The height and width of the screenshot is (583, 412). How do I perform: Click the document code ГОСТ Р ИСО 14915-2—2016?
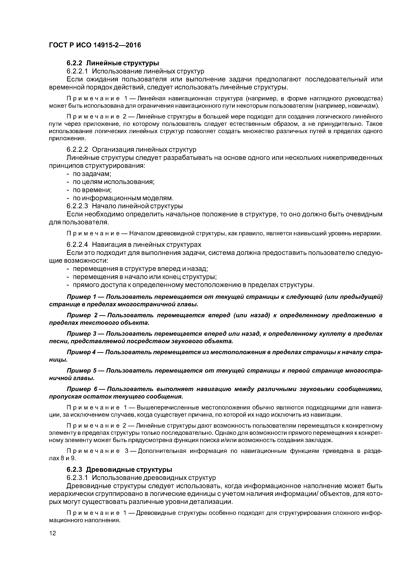tap(95, 45)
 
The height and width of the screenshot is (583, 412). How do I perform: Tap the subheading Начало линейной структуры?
tap(137, 206)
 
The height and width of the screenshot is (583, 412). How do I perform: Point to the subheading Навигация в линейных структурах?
tap(147, 244)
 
